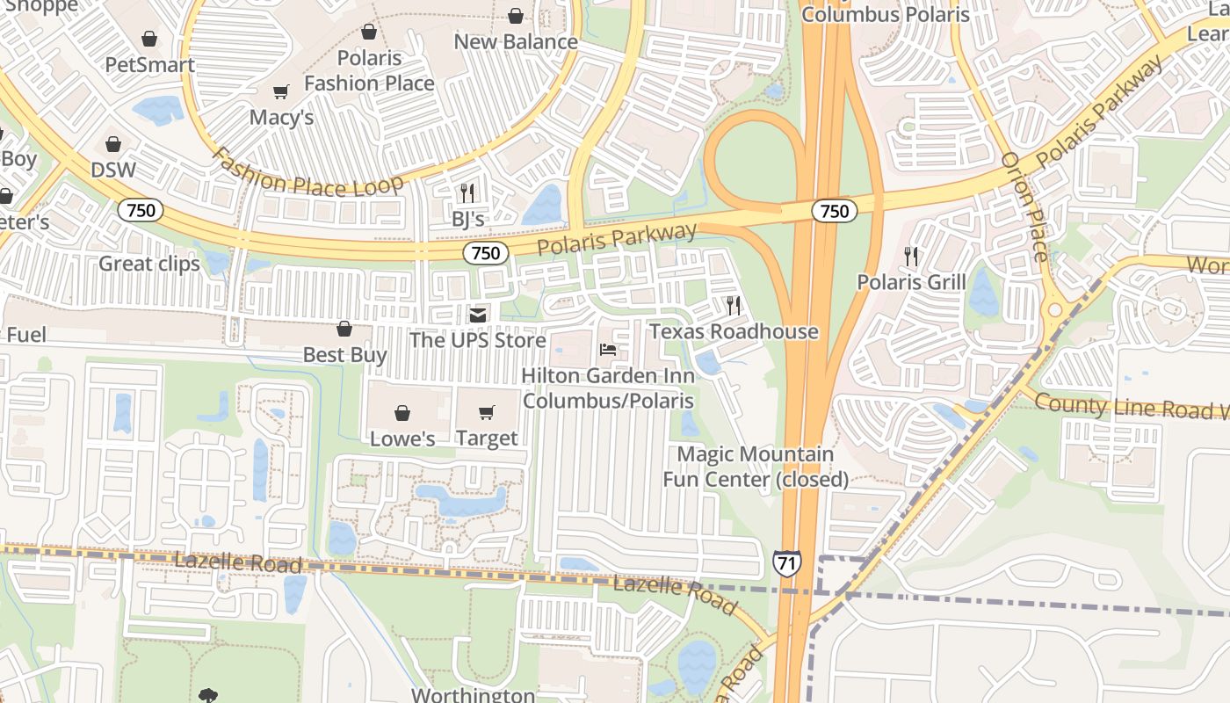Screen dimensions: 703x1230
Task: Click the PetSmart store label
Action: point(149,65)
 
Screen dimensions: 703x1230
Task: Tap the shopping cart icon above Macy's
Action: point(281,91)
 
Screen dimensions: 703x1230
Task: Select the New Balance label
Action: point(516,41)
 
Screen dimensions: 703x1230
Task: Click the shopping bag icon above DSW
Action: point(113,144)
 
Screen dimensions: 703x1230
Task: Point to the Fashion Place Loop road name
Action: point(307,173)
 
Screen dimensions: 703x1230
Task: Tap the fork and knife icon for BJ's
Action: point(467,192)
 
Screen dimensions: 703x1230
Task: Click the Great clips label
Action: point(149,264)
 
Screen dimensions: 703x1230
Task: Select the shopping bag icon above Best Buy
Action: point(344,329)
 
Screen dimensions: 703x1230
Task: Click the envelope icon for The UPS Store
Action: point(477,315)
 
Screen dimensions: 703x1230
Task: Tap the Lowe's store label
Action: point(402,438)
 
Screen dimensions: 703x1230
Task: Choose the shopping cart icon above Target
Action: point(487,412)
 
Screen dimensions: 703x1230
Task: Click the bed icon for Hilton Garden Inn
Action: point(607,350)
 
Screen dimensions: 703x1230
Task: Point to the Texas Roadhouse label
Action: point(734,331)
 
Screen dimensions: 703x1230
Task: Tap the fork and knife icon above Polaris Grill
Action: point(911,257)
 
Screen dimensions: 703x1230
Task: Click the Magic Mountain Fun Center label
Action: point(756,467)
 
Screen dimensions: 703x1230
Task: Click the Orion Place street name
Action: point(1024,207)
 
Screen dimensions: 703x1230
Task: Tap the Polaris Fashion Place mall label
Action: point(369,70)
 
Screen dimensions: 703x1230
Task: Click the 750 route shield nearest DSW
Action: point(141,210)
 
